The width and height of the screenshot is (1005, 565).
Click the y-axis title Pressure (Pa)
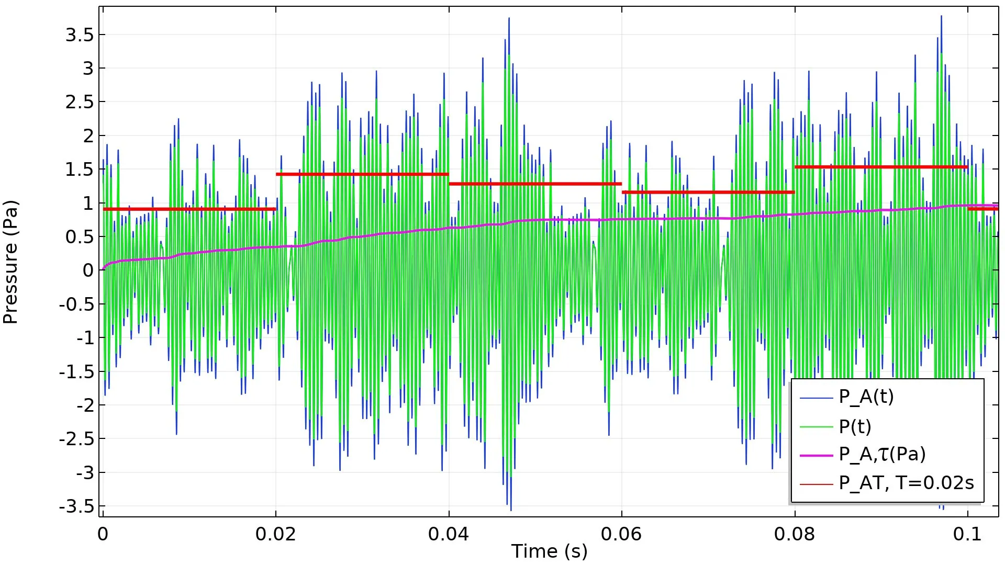(x=10, y=262)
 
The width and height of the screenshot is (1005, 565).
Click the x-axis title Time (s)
(x=549, y=551)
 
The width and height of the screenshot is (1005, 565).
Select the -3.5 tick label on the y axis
(x=76, y=506)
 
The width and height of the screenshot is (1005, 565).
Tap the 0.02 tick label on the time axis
(x=275, y=534)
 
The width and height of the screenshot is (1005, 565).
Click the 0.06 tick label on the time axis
(x=621, y=534)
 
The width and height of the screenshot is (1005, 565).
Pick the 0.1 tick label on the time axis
(x=967, y=534)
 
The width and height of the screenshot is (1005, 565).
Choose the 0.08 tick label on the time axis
(x=795, y=534)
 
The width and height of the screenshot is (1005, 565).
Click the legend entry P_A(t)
(x=866, y=397)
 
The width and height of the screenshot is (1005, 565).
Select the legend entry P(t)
(x=855, y=427)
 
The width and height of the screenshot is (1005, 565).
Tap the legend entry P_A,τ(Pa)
(x=882, y=454)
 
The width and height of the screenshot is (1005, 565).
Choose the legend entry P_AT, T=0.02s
(x=906, y=483)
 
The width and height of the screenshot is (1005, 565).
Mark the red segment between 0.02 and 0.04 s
(x=362, y=174)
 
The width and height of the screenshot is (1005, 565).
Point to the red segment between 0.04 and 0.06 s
(x=535, y=184)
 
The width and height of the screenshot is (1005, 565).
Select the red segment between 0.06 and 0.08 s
(x=708, y=193)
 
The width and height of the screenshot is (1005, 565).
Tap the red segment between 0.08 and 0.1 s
(x=881, y=167)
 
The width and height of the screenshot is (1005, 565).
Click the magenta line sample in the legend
(x=816, y=456)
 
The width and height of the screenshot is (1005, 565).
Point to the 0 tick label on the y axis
(x=88, y=270)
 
